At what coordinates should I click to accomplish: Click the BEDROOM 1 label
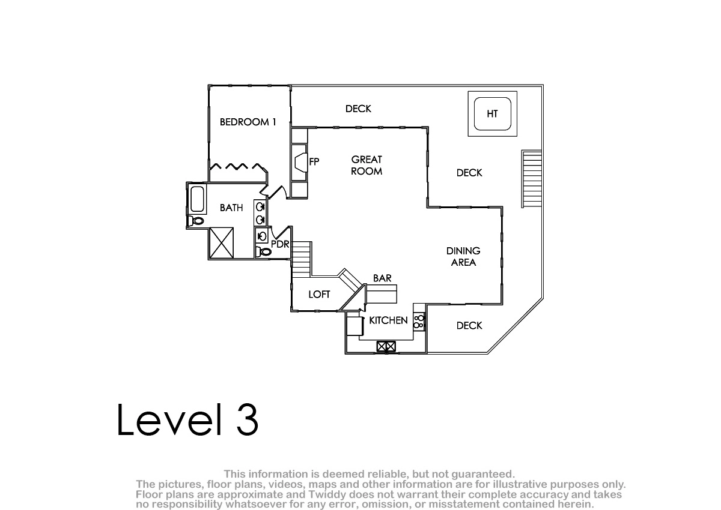(248, 122)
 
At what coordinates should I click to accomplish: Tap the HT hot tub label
(492, 114)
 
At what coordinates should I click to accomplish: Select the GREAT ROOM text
(367, 165)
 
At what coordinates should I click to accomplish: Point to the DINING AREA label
(463, 256)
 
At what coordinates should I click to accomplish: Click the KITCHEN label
(388, 320)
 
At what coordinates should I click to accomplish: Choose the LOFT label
(319, 295)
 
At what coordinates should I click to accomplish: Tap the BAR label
(382, 278)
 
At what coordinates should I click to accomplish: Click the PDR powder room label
(280, 244)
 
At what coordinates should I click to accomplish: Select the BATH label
(231, 208)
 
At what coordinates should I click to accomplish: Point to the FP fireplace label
(314, 161)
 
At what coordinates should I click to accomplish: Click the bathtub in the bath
(197, 199)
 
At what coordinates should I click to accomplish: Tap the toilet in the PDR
(264, 252)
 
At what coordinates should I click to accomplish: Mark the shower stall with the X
(222, 242)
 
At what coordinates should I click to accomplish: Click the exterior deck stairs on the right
(532, 179)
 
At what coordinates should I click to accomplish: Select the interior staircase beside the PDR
(301, 259)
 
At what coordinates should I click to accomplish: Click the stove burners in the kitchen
(419, 322)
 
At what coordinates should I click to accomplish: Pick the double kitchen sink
(386, 347)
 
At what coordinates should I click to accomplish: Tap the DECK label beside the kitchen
(469, 326)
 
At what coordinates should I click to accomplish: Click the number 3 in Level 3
(248, 419)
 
